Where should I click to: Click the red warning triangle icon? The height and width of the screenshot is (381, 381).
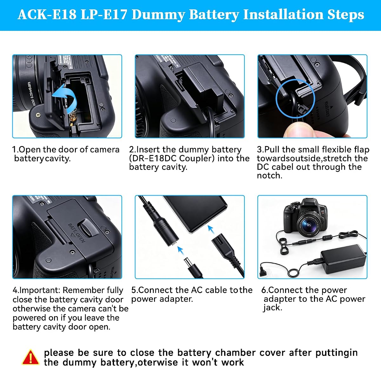pyautogui.click(x=30, y=358)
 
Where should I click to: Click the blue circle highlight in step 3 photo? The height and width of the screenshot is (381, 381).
pyautogui.click(x=295, y=98)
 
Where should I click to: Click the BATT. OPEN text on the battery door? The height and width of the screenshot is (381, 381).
pyautogui.click(x=77, y=233)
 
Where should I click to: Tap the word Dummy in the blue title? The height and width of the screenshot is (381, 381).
pyautogui.click(x=158, y=15)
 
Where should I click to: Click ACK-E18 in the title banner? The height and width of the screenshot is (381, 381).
pyautogui.click(x=47, y=15)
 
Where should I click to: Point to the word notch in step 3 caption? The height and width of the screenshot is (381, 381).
pyautogui.click(x=269, y=176)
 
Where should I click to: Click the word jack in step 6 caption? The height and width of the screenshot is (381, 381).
pyautogui.click(x=272, y=308)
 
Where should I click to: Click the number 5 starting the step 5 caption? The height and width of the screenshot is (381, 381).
pyautogui.click(x=134, y=290)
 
